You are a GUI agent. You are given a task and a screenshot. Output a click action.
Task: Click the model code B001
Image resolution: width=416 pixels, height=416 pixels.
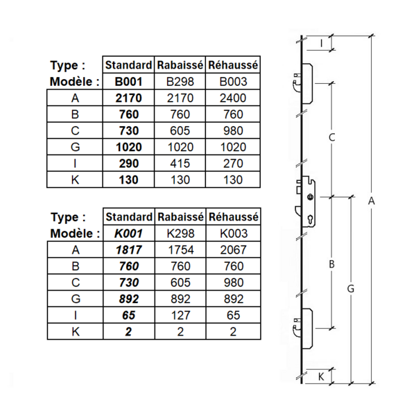[x=128, y=81]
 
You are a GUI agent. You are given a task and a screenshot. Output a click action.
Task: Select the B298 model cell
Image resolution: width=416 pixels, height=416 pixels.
[x=180, y=81]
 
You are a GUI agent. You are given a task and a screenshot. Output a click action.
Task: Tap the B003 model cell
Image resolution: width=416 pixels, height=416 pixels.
[x=233, y=81]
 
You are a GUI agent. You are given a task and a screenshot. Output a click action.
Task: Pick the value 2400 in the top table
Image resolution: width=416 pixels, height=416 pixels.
[x=233, y=98]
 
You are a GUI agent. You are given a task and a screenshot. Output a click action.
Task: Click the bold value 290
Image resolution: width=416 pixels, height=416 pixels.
[x=128, y=164]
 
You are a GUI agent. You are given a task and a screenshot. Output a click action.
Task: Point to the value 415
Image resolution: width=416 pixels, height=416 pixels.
[x=180, y=164]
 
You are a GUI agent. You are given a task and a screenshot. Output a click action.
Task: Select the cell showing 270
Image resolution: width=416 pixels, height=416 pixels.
[x=233, y=164]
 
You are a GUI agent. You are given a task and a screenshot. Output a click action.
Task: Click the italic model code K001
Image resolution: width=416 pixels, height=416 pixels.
[x=128, y=234]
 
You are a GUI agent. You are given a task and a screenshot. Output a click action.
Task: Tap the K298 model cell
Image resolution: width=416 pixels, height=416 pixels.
[x=180, y=234]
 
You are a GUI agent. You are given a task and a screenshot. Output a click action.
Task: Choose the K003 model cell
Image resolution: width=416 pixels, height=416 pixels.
[x=233, y=234]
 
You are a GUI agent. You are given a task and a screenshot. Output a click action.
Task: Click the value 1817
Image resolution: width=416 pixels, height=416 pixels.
[x=128, y=250]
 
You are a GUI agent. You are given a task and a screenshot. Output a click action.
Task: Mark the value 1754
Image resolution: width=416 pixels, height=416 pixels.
[x=180, y=250]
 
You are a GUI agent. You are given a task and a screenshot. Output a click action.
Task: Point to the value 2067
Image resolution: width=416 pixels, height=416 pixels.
[x=233, y=250]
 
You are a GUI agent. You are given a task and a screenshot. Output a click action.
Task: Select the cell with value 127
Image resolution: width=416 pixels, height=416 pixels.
[x=180, y=315]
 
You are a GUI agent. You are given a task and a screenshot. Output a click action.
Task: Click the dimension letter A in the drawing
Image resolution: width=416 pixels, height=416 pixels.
[x=372, y=201]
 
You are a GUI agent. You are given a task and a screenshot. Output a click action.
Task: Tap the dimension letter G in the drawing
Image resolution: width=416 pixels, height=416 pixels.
[x=351, y=288]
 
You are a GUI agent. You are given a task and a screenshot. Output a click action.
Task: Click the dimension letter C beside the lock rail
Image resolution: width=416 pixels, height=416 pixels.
[x=331, y=138]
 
